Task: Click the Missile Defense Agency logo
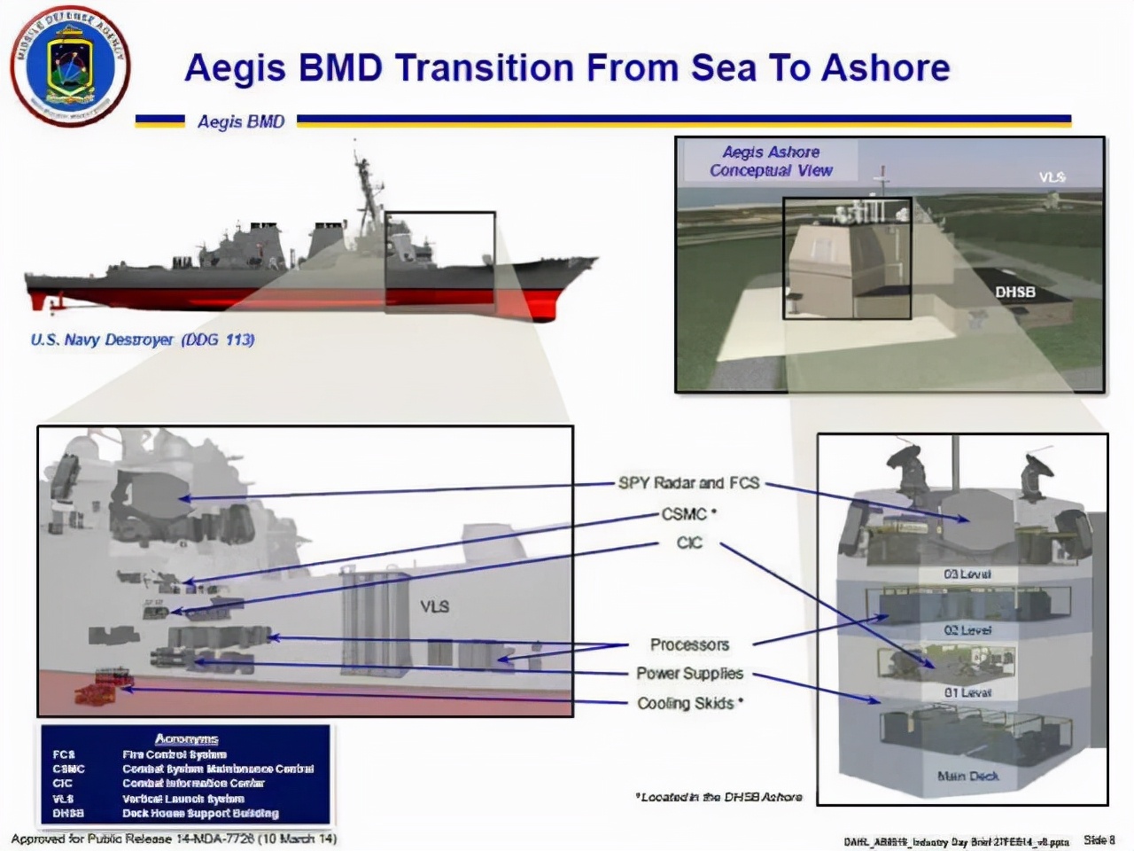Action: [70, 66]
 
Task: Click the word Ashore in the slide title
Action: [885, 68]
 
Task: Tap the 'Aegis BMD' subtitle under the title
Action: [241, 121]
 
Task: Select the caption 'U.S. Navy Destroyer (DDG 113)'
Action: [143, 340]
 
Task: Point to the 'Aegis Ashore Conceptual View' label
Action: [771, 161]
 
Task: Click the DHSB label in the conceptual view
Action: [1014, 292]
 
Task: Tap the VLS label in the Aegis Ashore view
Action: [1052, 177]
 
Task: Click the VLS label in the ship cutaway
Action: [434, 606]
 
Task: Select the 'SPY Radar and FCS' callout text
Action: [688, 483]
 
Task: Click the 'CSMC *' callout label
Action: [688, 513]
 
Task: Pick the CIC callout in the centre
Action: [689, 543]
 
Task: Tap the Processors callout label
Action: [689, 644]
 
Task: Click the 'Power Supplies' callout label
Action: [689, 674]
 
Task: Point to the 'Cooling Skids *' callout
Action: [690, 703]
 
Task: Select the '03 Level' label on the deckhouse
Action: [967, 574]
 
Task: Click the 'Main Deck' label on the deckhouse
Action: [967, 776]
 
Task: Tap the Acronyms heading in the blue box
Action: [186, 738]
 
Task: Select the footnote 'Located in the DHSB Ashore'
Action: [719, 797]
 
